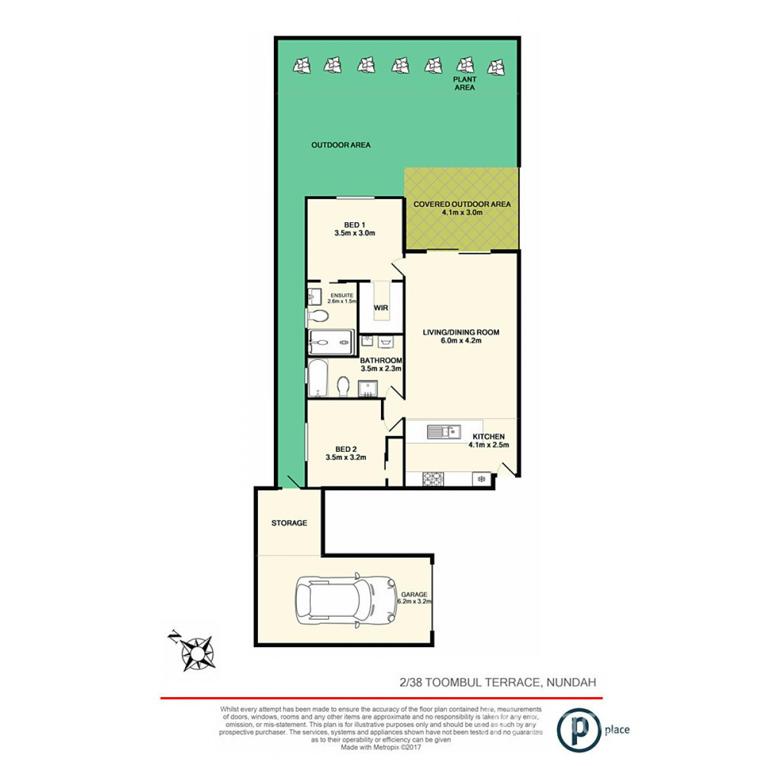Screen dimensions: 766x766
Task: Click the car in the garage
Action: pos(345,601)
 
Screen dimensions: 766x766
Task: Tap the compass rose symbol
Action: pos(197,652)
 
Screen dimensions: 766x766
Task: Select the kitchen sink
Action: pos(444,432)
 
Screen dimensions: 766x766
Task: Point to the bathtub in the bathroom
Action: pos(317,379)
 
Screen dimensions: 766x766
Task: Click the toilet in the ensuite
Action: pos(318,316)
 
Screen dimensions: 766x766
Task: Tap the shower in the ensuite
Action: pos(331,342)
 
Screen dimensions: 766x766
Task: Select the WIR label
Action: pos(381,308)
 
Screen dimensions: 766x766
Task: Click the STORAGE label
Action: pos(289,523)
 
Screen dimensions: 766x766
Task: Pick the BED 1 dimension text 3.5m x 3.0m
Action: pos(354,233)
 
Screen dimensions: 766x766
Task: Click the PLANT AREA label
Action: pos(465,83)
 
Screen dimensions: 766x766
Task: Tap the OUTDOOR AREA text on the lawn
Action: pos(341,145)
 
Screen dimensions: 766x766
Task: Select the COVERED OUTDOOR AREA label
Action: pos(462,204)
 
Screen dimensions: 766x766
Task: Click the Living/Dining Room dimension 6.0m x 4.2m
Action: pos(461,341)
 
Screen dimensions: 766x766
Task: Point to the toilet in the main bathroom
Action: pos(343,386)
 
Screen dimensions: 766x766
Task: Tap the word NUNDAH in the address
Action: pos(572,682)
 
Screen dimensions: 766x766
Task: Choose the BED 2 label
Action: pos(345,449)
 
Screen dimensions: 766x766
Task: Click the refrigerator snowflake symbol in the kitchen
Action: pos(481,478)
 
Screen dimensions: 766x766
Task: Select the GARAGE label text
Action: pos(414,594)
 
